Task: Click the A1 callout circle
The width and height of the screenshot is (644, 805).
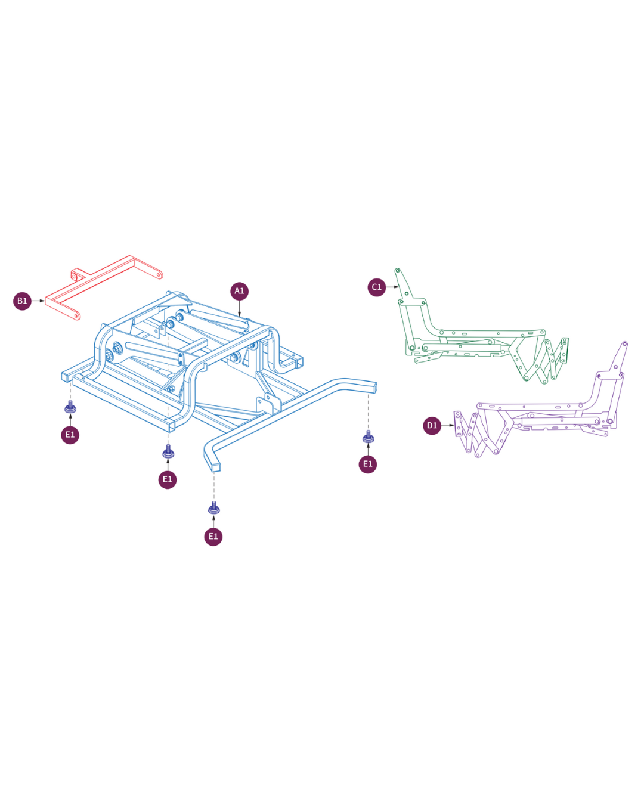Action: pos(239,291)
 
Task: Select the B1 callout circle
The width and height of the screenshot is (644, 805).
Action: pos(23,301)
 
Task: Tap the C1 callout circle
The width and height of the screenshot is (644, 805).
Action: pos(376,287)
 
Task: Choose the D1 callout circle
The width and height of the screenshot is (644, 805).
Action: pos(432,425)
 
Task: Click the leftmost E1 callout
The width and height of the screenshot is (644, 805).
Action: pos(70,435)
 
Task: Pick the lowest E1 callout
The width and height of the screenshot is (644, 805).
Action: pos(213,537)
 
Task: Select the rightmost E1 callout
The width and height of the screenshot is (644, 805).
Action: pos(368,465)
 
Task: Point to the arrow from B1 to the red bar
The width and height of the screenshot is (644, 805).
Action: pos(38,301)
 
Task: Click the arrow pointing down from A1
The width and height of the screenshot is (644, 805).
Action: pos(240,309)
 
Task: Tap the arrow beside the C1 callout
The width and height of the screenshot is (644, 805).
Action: pos(392,287)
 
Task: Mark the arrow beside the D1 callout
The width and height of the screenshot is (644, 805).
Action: pos(448,425)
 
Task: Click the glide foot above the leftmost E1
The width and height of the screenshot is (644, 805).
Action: pos(70,407)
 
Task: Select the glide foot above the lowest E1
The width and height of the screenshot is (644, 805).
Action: pos(213,508)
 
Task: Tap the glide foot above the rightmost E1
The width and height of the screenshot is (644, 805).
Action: pos(369,437)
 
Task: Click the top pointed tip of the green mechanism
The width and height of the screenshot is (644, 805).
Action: pos(397,270)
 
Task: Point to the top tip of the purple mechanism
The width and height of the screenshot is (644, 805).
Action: pos(624,343)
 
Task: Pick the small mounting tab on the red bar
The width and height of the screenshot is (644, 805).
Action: pos(77,274)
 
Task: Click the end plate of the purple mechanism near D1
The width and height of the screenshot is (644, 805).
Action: pos(458,424)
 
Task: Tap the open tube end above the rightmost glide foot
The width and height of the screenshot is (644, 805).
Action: pos(372,387)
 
